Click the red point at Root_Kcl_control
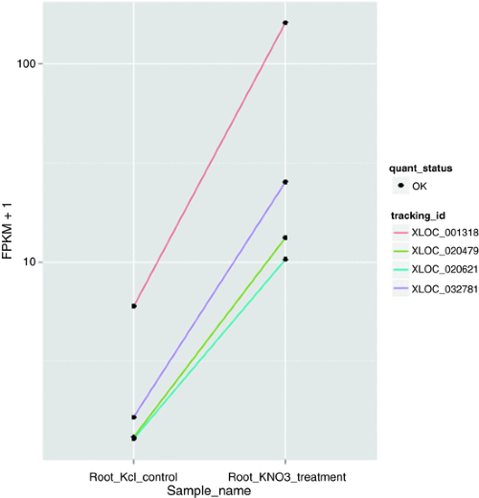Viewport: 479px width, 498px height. (134, 306)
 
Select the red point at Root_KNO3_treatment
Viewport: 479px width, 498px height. (285, 22)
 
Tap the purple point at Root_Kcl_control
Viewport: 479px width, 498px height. (134, 418)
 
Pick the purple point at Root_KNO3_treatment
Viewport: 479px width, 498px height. (285, 182)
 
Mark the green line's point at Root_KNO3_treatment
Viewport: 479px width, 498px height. (285, 238)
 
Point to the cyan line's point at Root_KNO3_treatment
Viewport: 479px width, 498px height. (285, 260)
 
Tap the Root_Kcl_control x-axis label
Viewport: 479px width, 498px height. (133, 476)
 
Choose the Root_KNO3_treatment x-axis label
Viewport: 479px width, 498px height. (285, 476)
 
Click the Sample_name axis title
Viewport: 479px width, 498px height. (209, 490)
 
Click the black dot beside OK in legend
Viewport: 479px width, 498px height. (399, 186)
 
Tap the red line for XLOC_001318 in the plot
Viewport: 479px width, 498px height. (209, 165)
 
